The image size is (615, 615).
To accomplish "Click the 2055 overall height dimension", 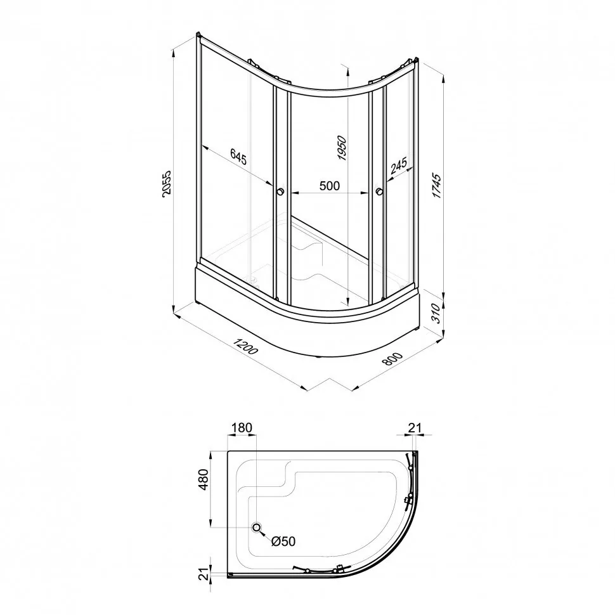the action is [x=167, y=184].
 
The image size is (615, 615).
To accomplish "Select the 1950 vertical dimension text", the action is [x=342, y=148].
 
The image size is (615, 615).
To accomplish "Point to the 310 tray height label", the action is [x=437, y=313].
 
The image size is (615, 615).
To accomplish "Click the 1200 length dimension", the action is [x=246, y=344].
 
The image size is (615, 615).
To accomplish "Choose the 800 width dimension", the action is [x=392, y=358].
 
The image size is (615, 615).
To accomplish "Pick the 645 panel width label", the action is [x=238, y=157].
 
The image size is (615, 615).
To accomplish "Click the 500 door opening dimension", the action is [x=330, y=186].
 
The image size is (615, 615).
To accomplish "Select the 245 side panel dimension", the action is [x=399, y=166].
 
